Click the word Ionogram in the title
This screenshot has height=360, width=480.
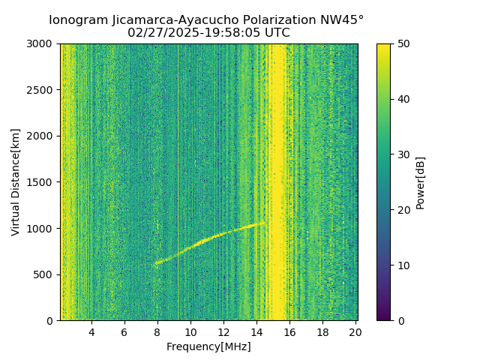79,20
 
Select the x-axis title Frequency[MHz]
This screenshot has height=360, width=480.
208,346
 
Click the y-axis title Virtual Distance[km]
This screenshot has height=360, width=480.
16,181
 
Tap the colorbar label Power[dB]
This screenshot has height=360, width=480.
421,181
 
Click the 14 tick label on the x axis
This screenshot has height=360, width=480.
256,332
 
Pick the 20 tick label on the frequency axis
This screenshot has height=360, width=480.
355,332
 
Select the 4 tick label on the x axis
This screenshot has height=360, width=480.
91,332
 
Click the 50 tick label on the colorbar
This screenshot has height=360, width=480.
403,43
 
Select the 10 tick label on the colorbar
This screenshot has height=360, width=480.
403,265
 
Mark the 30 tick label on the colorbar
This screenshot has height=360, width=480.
403,154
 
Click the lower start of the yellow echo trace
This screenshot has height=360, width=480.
156,263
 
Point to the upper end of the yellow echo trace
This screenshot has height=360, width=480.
264,222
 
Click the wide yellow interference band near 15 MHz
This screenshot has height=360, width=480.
277,180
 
